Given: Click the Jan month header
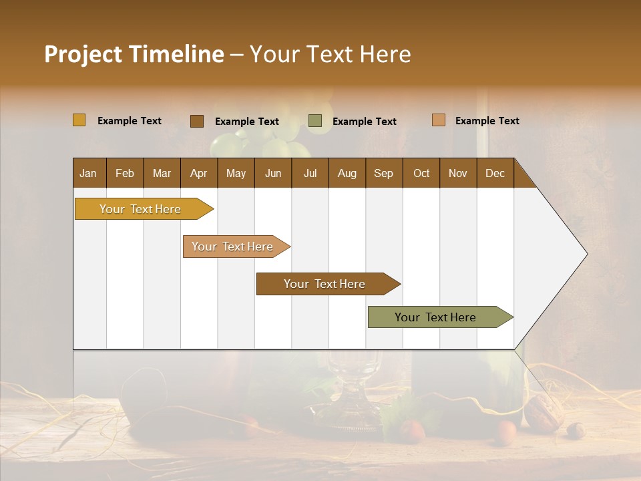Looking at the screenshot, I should [89, 173].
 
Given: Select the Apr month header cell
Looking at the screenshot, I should [198, 173].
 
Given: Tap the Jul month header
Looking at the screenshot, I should [310, 173].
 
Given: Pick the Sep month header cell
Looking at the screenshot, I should [383, 173].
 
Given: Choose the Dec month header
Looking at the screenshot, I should [495, 173].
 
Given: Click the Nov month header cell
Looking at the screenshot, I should [457, 173].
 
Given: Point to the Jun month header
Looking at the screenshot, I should [272, 173].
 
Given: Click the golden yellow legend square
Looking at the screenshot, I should [79, 120].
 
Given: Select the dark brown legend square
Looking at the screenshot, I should [196, 121].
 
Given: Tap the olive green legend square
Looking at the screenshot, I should [314, 121].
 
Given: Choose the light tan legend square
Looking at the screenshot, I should [438, 120].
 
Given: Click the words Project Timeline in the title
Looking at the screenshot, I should [134, 54].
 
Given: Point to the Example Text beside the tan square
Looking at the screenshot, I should [487, 121].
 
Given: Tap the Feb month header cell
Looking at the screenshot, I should [125, 173].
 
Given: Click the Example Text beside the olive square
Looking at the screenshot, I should [364, 122].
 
